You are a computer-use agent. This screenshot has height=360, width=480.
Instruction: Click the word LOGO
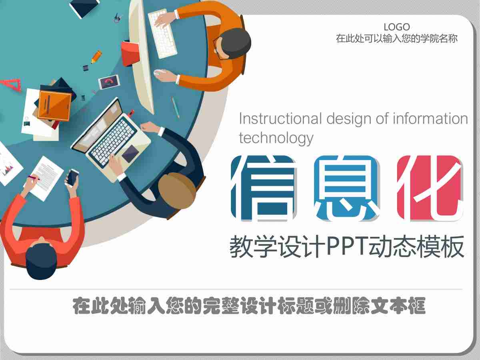click(396, 27)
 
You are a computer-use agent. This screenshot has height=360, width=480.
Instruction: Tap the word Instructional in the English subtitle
click(280, 119)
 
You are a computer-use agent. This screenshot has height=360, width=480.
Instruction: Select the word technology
click(276, 138)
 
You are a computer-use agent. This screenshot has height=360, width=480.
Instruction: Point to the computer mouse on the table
click(160, 72)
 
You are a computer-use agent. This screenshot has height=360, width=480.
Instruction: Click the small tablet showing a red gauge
click(109, 82)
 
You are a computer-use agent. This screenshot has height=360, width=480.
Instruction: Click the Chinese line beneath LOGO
click(396, 39)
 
